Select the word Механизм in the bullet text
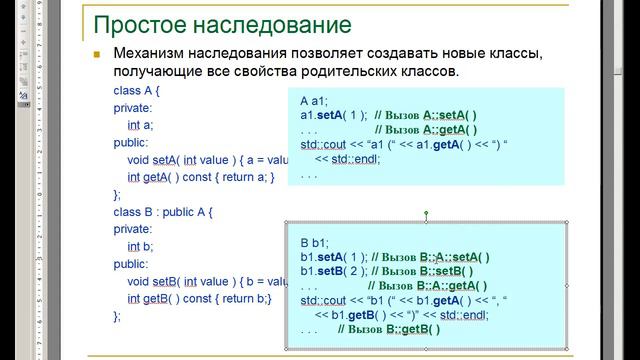click(154, 53)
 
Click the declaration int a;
click(141, 125)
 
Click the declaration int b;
click(141, 246)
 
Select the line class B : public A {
click(163, 212)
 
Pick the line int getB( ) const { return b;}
click(199, 298)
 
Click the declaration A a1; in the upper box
click(316, 101)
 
